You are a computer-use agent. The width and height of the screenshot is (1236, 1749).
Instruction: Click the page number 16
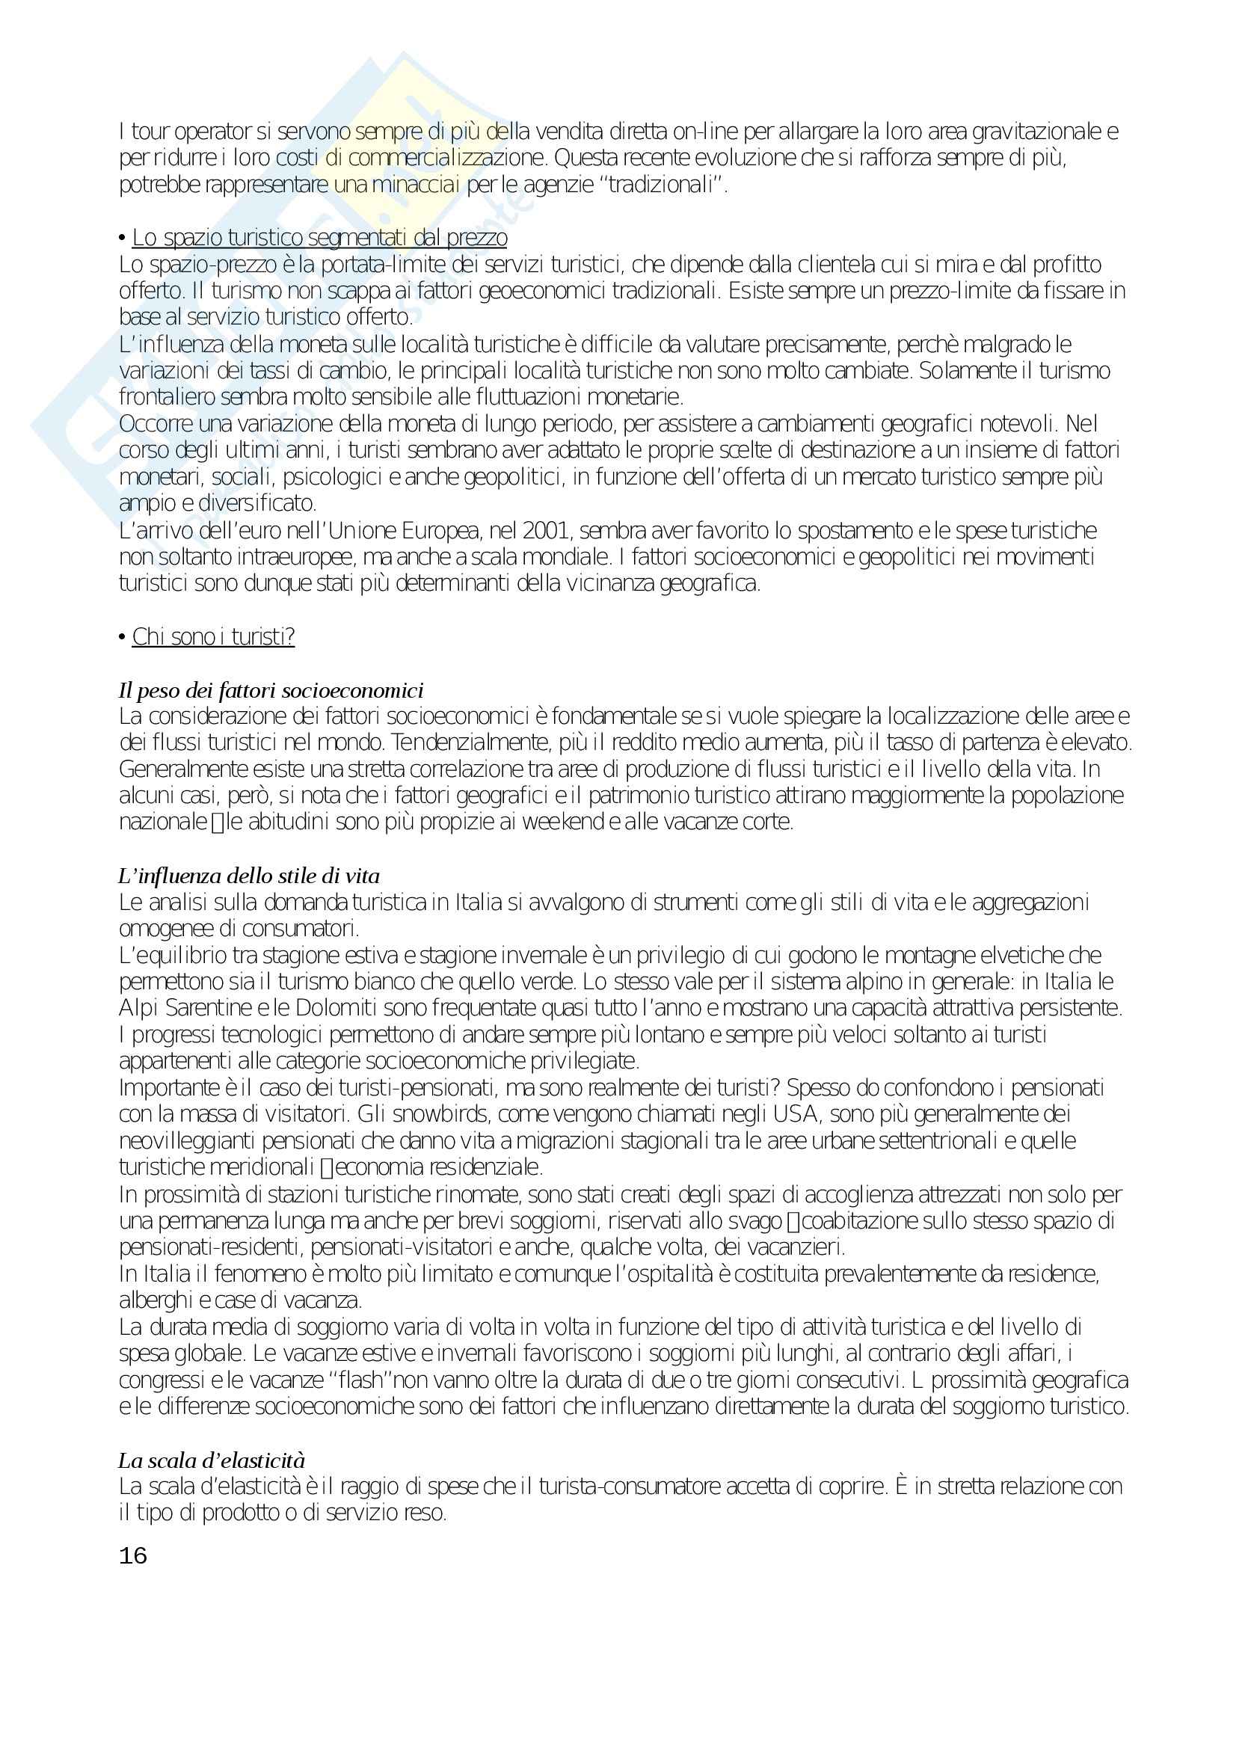point(132,1555)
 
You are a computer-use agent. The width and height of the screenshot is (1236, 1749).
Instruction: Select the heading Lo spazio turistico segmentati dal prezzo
point(320,239)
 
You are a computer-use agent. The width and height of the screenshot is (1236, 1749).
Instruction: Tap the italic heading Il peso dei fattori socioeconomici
point(271,690)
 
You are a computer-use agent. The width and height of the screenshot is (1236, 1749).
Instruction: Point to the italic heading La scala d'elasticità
point(212,1460)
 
